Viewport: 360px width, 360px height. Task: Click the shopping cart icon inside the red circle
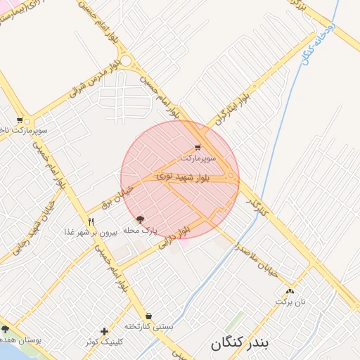pyautogui.click(x=198, y=148)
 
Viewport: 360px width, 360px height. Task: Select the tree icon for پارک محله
pyautogui.click(x=140, y=219)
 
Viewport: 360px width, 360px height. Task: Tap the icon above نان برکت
pyautogui.click(x=290, y=291)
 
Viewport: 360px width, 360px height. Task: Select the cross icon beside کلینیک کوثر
pyautogui.click(x=105, y=331)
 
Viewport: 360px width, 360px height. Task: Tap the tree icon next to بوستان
pyautogui.click(x=6, y=329)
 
